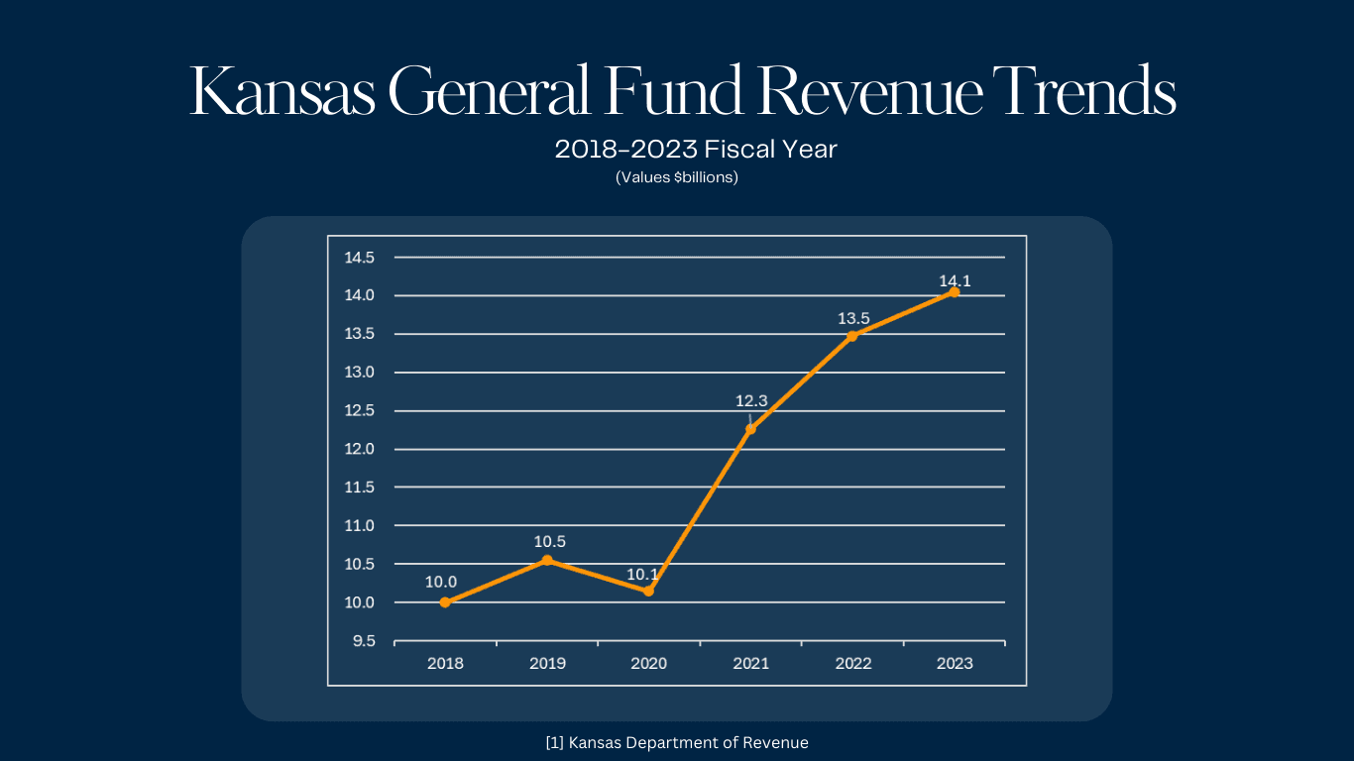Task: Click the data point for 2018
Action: tap(445, 602)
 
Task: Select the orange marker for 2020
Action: tap(648, 591)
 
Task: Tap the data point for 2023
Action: tap(954, 291)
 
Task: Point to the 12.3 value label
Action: tap(751, 401)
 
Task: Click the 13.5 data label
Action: tap(853, 319)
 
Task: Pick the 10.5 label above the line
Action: tap(549, 542)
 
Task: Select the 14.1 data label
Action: tap(956, 281)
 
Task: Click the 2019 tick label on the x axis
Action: tap(547, 664)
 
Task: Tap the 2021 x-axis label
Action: tap(751, 664)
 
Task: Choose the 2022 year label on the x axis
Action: tap(853, 664)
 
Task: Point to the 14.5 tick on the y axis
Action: tap(359, 258)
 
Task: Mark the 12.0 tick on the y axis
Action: tap(359, 449)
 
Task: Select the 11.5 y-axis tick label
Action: tap(359, 488)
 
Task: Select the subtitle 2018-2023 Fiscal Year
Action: tap(696, 150)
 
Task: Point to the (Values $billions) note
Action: tap(677, 178)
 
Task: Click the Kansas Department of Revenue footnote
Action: tap(677, 742)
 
